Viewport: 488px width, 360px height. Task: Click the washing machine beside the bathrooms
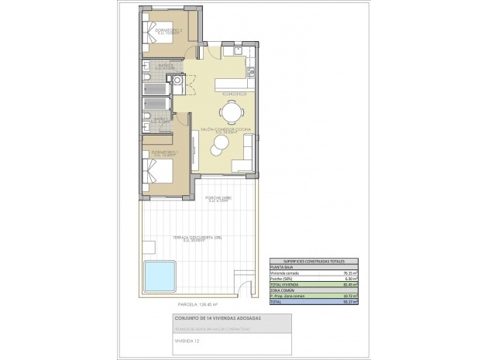[x=178, y=81]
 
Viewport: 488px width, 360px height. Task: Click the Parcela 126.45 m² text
[x=177, y=305]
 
